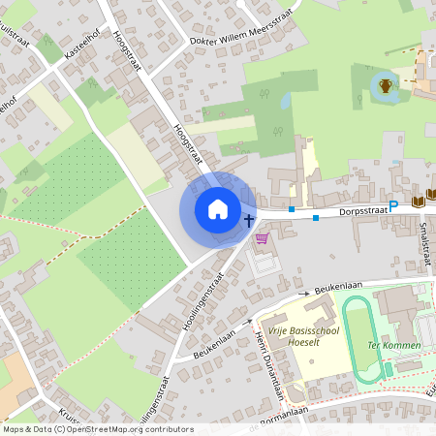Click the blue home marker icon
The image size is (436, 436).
point(218,209)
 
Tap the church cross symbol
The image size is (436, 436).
point(249,218)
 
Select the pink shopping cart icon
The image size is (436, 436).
point(261,237)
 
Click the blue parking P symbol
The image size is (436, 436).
point(393,205)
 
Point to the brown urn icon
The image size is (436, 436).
point(386,86)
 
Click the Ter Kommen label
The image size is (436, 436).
point(393,345)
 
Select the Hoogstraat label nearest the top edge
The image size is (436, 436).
point(128,47)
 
